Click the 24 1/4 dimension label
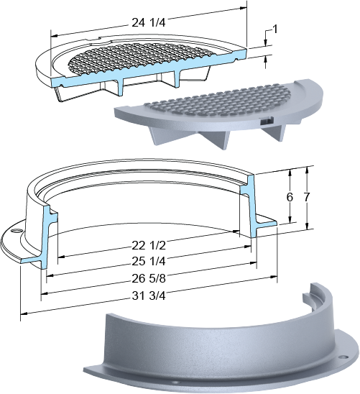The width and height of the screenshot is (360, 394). click(x=149, y=22)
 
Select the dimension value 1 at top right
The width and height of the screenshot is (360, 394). click(x=275, y=29)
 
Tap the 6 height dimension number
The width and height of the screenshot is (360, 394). click(x=290, y=197)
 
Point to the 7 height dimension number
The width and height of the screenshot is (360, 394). click(x=307, y=197)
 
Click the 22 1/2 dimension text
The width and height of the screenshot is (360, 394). click(x=149, y=245)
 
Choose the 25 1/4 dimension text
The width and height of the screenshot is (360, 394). click(x=149, y=262)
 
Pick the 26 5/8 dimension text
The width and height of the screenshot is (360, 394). click(x=149, y=278)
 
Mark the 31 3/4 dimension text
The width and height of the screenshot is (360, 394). click(x=149, y=295)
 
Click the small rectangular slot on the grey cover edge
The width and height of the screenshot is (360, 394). click(x=267, y=121)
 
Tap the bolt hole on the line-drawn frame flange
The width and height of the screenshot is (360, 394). click(x=17, y=230)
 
